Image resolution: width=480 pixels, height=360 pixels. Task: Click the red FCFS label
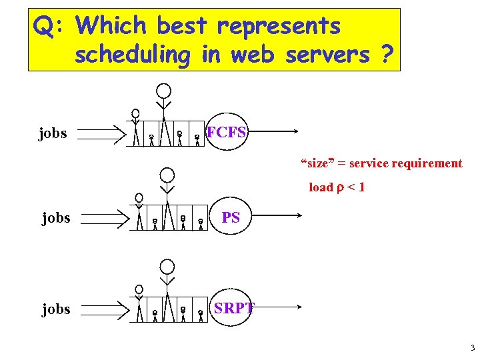pos(227,132)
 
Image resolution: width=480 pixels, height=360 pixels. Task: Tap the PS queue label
pos(231,217)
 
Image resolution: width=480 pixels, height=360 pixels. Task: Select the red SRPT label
pos(233,308)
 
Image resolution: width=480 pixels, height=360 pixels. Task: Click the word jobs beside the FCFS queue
pos(53,133)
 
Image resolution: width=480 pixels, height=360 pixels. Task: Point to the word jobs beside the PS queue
pos(55,217)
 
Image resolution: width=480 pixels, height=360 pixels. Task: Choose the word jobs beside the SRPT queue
pos(55,309)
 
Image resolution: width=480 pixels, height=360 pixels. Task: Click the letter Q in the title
pos(44,27)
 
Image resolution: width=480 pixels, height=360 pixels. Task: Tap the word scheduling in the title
pos(133,55)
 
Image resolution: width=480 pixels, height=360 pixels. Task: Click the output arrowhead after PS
pos(298,216)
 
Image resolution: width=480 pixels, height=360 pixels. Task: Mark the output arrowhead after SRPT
pos(298,307)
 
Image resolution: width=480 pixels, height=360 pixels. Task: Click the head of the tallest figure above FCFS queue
pos(163,91)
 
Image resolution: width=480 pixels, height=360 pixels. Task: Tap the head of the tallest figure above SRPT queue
pos(167,267)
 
